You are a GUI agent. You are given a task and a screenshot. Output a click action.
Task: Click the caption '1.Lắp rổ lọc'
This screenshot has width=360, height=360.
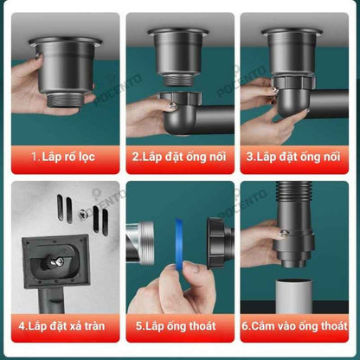[x=63, y=157]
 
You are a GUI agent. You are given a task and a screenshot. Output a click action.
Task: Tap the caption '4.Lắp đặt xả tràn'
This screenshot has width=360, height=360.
[x=61, y=326]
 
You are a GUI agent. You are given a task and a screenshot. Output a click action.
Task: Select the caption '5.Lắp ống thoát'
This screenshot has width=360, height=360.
[x=176, y=326]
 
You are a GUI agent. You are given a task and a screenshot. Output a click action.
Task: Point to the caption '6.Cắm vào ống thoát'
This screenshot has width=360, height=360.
[x=294, y=326]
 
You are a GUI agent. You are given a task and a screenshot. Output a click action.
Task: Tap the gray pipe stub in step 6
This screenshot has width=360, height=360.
[x=294, y=296]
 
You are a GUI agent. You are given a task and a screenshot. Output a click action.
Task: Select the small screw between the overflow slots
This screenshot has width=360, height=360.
[x=82, y=214]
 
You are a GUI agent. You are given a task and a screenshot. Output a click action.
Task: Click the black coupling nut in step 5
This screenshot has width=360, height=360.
[x=217, y=243]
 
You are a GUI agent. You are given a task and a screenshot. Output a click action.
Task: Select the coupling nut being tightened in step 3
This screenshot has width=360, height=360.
[x=293, y=82]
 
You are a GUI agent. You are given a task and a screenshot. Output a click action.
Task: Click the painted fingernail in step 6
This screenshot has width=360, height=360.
[x=283, y=233]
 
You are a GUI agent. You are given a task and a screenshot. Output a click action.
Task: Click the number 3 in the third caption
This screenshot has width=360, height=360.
[x=250, y=157]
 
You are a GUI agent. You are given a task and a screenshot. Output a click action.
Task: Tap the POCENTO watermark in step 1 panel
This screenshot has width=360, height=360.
[x=119, y=89]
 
